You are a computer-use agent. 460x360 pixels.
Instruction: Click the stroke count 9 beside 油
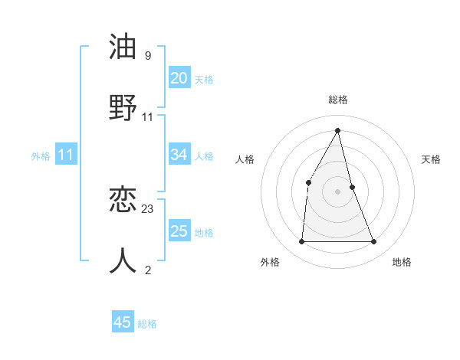tap(148, 56)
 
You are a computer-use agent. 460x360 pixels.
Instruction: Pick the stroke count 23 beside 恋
tap(148, 208)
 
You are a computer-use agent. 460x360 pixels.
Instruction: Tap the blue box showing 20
tap(179, 78)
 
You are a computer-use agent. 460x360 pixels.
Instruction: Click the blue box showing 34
tap(179, 155)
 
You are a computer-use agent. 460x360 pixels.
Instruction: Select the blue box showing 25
tap(179, 231)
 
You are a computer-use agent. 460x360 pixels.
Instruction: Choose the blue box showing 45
tap(123, 322)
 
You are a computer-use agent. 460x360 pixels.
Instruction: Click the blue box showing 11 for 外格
tap(65, 155)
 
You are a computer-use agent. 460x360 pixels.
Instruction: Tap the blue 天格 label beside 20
tap(204, 80)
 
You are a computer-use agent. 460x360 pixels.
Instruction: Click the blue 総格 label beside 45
tap(147, 324)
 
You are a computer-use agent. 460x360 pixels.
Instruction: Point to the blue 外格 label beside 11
tap(41, 156)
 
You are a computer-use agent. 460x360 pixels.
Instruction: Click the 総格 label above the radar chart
tap(337, 100)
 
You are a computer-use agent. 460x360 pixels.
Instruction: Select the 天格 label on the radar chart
tap(432, 159)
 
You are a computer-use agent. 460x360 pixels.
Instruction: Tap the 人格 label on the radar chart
tap(245, 159)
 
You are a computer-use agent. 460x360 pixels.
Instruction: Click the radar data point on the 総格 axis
tap(337, 130)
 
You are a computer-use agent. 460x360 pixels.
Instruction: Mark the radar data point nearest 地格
tap(374, 242)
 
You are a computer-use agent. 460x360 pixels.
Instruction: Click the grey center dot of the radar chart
tap(337, 191)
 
